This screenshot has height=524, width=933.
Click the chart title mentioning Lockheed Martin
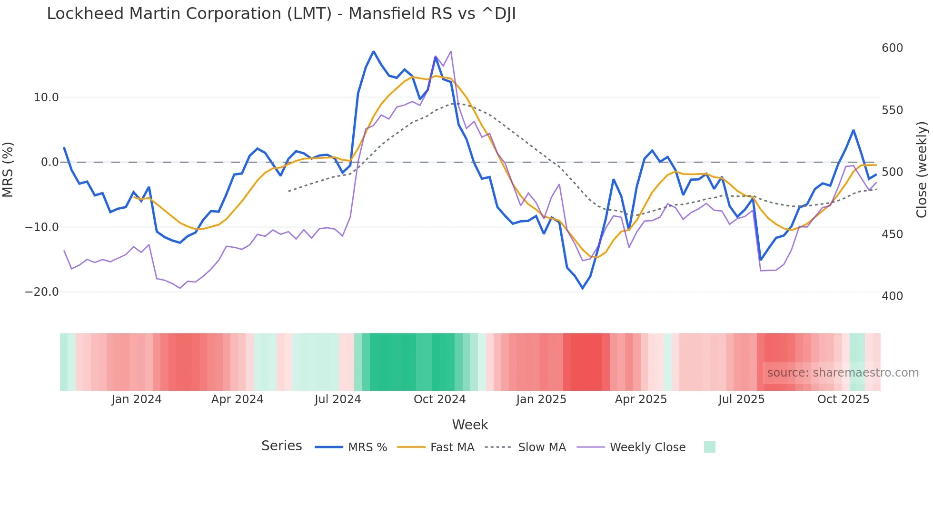click(x=281, y=14)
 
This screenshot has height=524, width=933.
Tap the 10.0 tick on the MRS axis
click(x=46, y=97)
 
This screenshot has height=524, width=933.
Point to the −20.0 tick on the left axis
click(x=42, y=292)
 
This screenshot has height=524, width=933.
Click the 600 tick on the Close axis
click(x=892, y=48)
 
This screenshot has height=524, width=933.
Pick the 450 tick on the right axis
click(x=892, y=234)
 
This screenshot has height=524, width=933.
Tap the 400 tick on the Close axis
click(x=892, y=296)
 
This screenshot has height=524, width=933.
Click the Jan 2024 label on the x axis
click(x=137, y=399)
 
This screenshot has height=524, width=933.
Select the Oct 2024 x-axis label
click(x=439, y=399)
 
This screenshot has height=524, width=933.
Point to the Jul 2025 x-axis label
click(x=741, y=399)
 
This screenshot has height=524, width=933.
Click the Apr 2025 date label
click(x=641, y=399)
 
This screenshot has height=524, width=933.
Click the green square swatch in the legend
click(x=709, y=447)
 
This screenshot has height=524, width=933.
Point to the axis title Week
click(x=470, y=425)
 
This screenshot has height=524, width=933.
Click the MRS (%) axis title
click(x=8, y=169)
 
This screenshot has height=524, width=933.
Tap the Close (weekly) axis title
click(x=922, y=170)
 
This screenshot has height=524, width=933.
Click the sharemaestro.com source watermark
click(x=843, y=373)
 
